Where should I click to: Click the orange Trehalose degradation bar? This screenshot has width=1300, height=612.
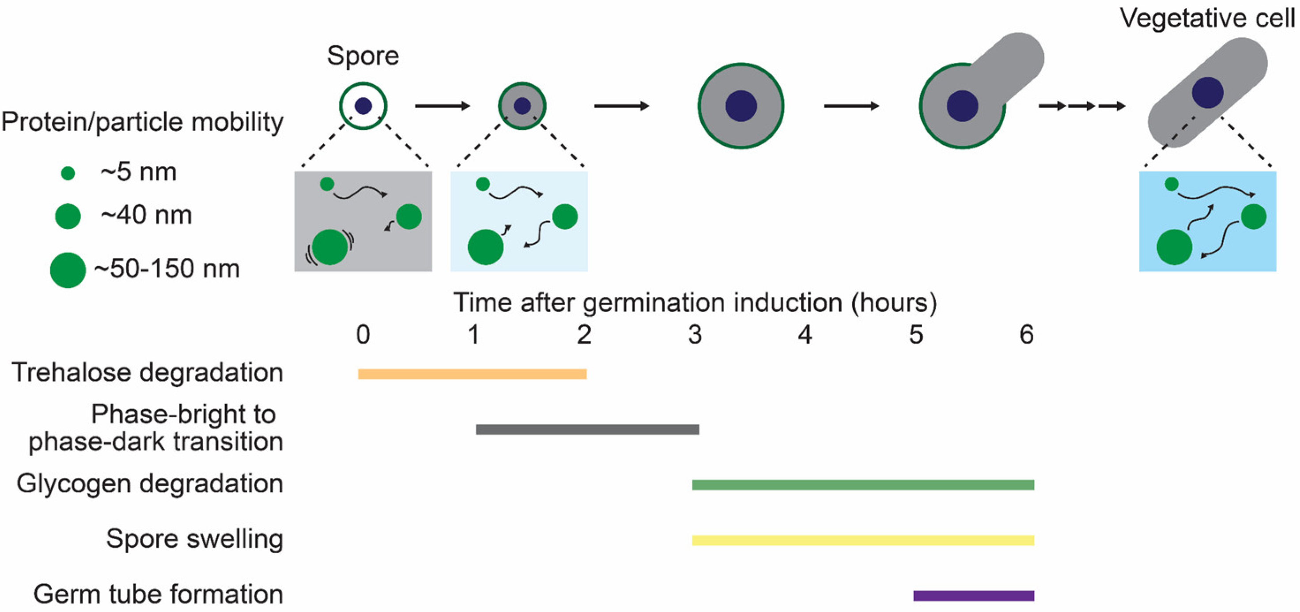click(472, 374)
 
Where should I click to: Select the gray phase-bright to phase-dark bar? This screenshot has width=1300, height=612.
click(587, 429)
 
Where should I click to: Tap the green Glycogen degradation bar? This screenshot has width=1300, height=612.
click(862, 485)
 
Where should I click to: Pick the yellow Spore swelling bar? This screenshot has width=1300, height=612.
click(862, 540)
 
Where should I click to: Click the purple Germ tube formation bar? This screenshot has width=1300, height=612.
click(974, 596)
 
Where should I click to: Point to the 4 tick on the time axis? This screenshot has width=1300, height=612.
click(805, 335)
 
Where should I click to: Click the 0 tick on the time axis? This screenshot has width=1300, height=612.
click(363, 335)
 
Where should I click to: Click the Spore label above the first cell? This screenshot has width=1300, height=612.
click(363, 56)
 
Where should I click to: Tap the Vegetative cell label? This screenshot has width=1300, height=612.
click(1207, 18)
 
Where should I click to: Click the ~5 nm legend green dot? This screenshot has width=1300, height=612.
click(68, 174)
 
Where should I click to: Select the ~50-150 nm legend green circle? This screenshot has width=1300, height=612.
click(68, 270)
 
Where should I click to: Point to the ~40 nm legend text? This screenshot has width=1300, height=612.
click(146, 215)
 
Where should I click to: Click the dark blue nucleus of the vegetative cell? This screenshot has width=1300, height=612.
click(1207, 93)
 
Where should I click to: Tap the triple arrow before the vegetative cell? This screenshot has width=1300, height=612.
click(1081, 106)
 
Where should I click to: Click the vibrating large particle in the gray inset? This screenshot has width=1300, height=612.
click(329, 247)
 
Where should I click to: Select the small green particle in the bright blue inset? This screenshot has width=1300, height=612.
click(1172, 184)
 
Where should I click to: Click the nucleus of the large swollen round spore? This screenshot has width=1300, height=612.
click(741, 106)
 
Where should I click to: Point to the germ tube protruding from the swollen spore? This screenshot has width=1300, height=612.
click(1009, 66)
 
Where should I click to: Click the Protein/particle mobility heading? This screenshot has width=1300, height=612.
click(142, 122)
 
